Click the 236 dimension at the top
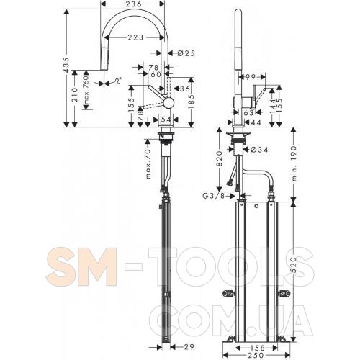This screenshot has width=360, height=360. point(132,4)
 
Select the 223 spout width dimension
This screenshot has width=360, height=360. point(135,37)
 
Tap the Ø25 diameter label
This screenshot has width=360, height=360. point(186,53)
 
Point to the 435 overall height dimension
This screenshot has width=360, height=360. point(67,65)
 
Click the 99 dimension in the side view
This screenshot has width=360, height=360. point(250,77)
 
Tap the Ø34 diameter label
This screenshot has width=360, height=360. point(259,150)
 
